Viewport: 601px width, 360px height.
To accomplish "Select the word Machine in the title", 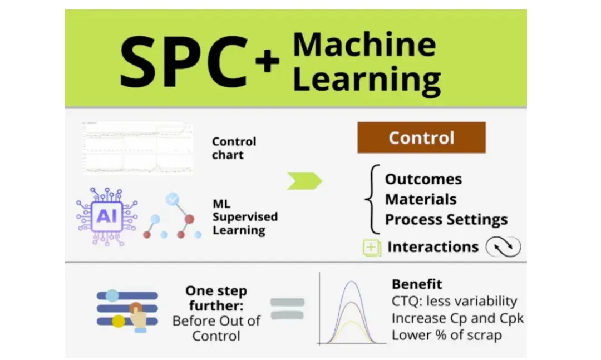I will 364,45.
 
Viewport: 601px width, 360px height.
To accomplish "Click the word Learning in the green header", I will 367,78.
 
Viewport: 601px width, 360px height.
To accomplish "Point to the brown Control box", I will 421,137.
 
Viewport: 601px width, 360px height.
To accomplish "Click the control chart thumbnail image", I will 137,148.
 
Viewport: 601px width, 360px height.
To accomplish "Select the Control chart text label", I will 234,148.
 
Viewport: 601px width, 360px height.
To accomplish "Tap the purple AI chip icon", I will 107,216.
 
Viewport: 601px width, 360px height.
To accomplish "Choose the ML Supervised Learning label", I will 245,217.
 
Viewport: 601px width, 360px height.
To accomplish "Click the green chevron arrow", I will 304,181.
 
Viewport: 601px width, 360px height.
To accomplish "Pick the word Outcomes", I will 423,179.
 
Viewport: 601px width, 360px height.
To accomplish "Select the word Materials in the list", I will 421,199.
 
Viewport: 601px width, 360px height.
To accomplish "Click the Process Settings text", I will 446,219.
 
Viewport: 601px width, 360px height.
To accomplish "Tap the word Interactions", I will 433,246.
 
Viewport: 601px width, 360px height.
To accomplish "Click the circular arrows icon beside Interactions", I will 503,246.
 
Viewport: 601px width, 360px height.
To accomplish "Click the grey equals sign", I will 287,308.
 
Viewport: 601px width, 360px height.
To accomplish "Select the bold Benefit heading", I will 417,284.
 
